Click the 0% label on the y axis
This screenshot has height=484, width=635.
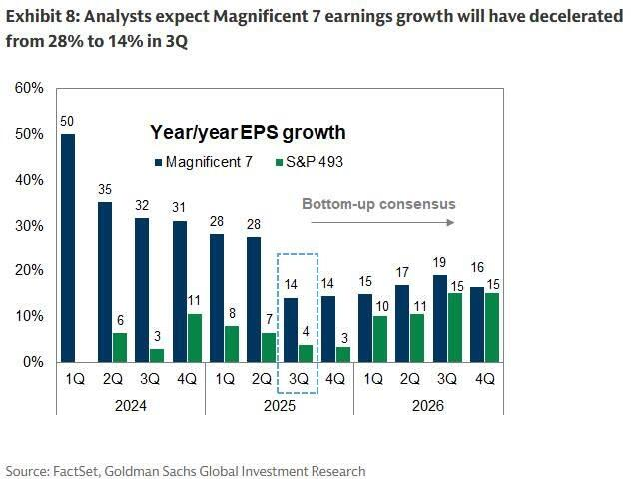click(x=32, y=362)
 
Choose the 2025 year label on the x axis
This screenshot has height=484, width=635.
click(x=279, y=407)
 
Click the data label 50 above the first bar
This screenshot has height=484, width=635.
click(x=68, y=122)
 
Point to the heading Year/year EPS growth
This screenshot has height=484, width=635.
click(x=248, y=132)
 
